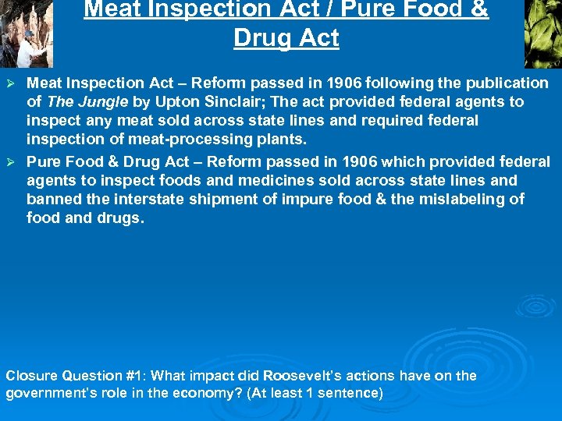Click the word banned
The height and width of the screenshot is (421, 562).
[51, 199]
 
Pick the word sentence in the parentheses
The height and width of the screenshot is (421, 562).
[352, 393]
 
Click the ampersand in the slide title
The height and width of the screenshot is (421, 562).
[479, 10]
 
